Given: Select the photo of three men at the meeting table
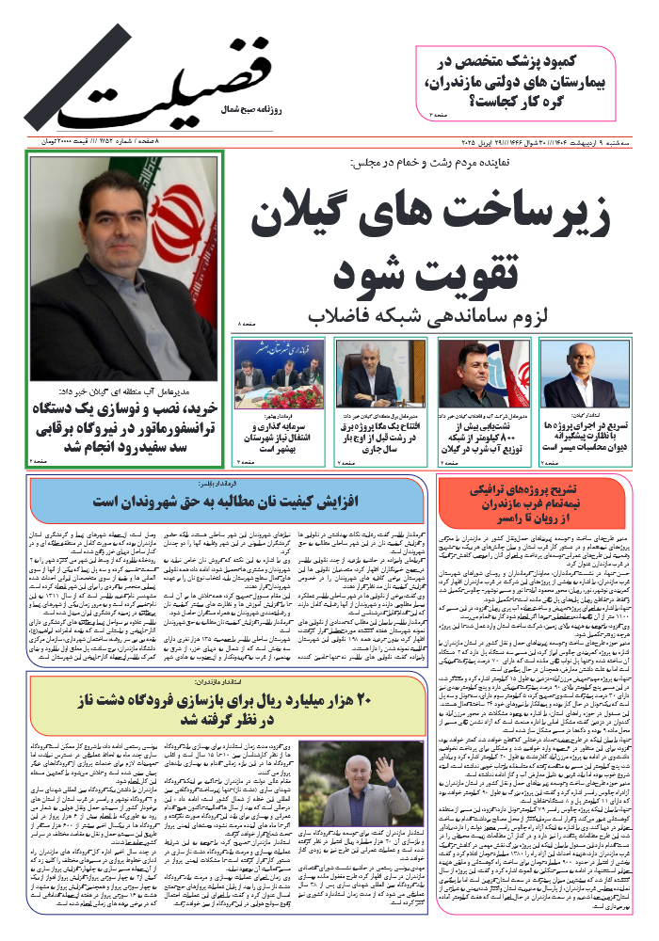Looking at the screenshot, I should pyautogui.click(x=280, y=373).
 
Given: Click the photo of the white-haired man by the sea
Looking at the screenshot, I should pyautogui.click(x=585, y=373).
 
